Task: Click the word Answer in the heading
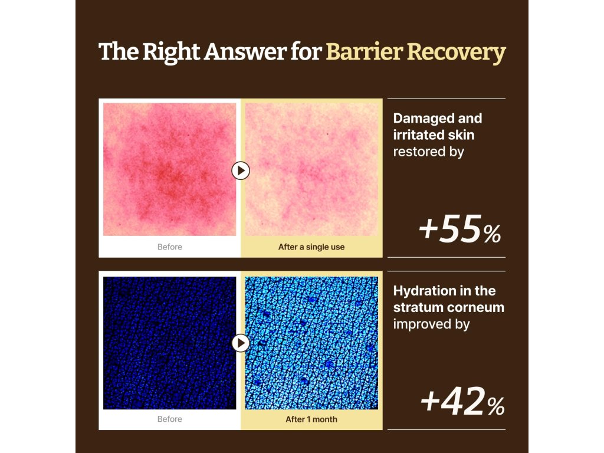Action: pos(245,52)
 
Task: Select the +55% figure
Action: pos(460,229)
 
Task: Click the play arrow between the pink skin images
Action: pos(241,170)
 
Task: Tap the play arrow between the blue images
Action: pos(241,343)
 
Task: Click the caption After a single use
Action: pos(311,247)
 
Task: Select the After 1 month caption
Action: pos(311,419)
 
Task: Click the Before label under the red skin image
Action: pos(169,247)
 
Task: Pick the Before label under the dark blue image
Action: pos(169,419)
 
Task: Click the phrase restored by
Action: pos(428,152)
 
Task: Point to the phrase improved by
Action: pos(431,324)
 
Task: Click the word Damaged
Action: pos(421,119)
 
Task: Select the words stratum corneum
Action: pos(449,307)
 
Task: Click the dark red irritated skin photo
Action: pos(169,169)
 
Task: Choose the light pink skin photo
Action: pos(311,169)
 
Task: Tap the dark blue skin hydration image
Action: pos(169,343)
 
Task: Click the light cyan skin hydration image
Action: pos(311,343)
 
